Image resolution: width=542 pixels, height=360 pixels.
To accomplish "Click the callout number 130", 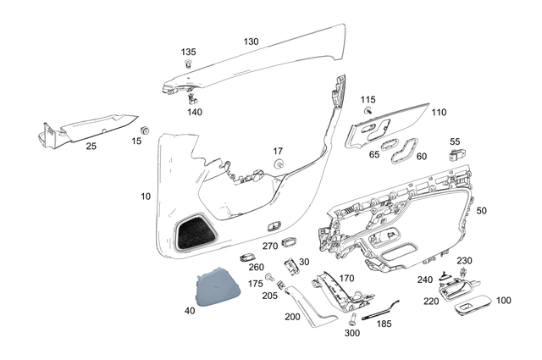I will click(251, 42).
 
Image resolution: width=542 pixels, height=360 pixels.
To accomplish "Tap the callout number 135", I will click(188, 52).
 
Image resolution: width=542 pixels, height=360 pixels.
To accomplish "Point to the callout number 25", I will click(91, 146).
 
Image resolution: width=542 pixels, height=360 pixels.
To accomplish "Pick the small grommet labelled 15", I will click(145, 130).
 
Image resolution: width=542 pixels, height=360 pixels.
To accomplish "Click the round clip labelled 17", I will click(278, 163).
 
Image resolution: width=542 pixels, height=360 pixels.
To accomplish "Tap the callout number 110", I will click(438, 112).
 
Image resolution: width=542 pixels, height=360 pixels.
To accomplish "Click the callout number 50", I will click(482, 209).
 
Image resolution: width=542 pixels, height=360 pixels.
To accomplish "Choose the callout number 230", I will click(464, 260).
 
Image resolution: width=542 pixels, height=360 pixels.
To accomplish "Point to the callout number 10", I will click(146, 196).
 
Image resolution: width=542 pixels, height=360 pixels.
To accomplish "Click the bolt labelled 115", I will click(369, 111).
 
